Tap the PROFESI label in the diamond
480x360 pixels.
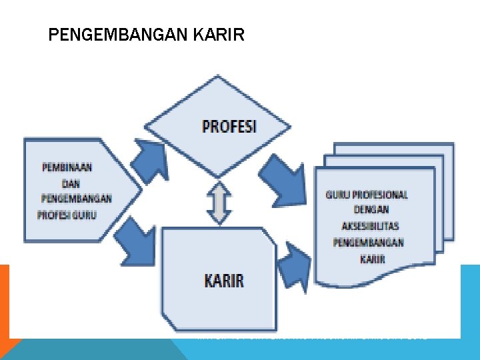pos(229,127)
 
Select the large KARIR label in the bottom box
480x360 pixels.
pos(223,281)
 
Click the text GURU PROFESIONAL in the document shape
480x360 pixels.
pos(367,195)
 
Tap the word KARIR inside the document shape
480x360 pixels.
pos(373,259)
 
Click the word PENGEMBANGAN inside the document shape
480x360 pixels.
pos(369,243)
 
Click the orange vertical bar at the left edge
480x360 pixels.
pos(4,300)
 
